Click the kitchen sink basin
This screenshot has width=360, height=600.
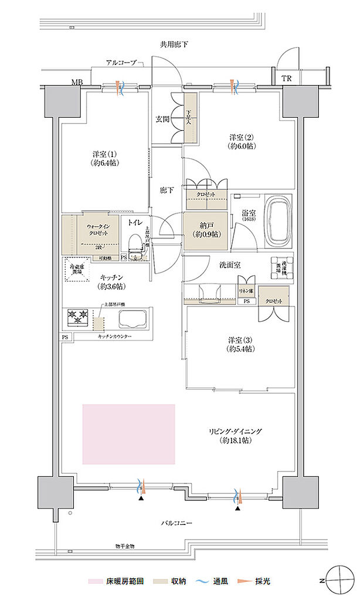(x=133, y=320)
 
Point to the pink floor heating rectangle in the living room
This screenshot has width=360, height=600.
(x=129, y=433)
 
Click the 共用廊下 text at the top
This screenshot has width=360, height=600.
(x=173, y=45)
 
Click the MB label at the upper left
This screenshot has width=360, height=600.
(x=76, y=81)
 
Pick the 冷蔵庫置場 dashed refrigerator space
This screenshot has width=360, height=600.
(x=77, y=270)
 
